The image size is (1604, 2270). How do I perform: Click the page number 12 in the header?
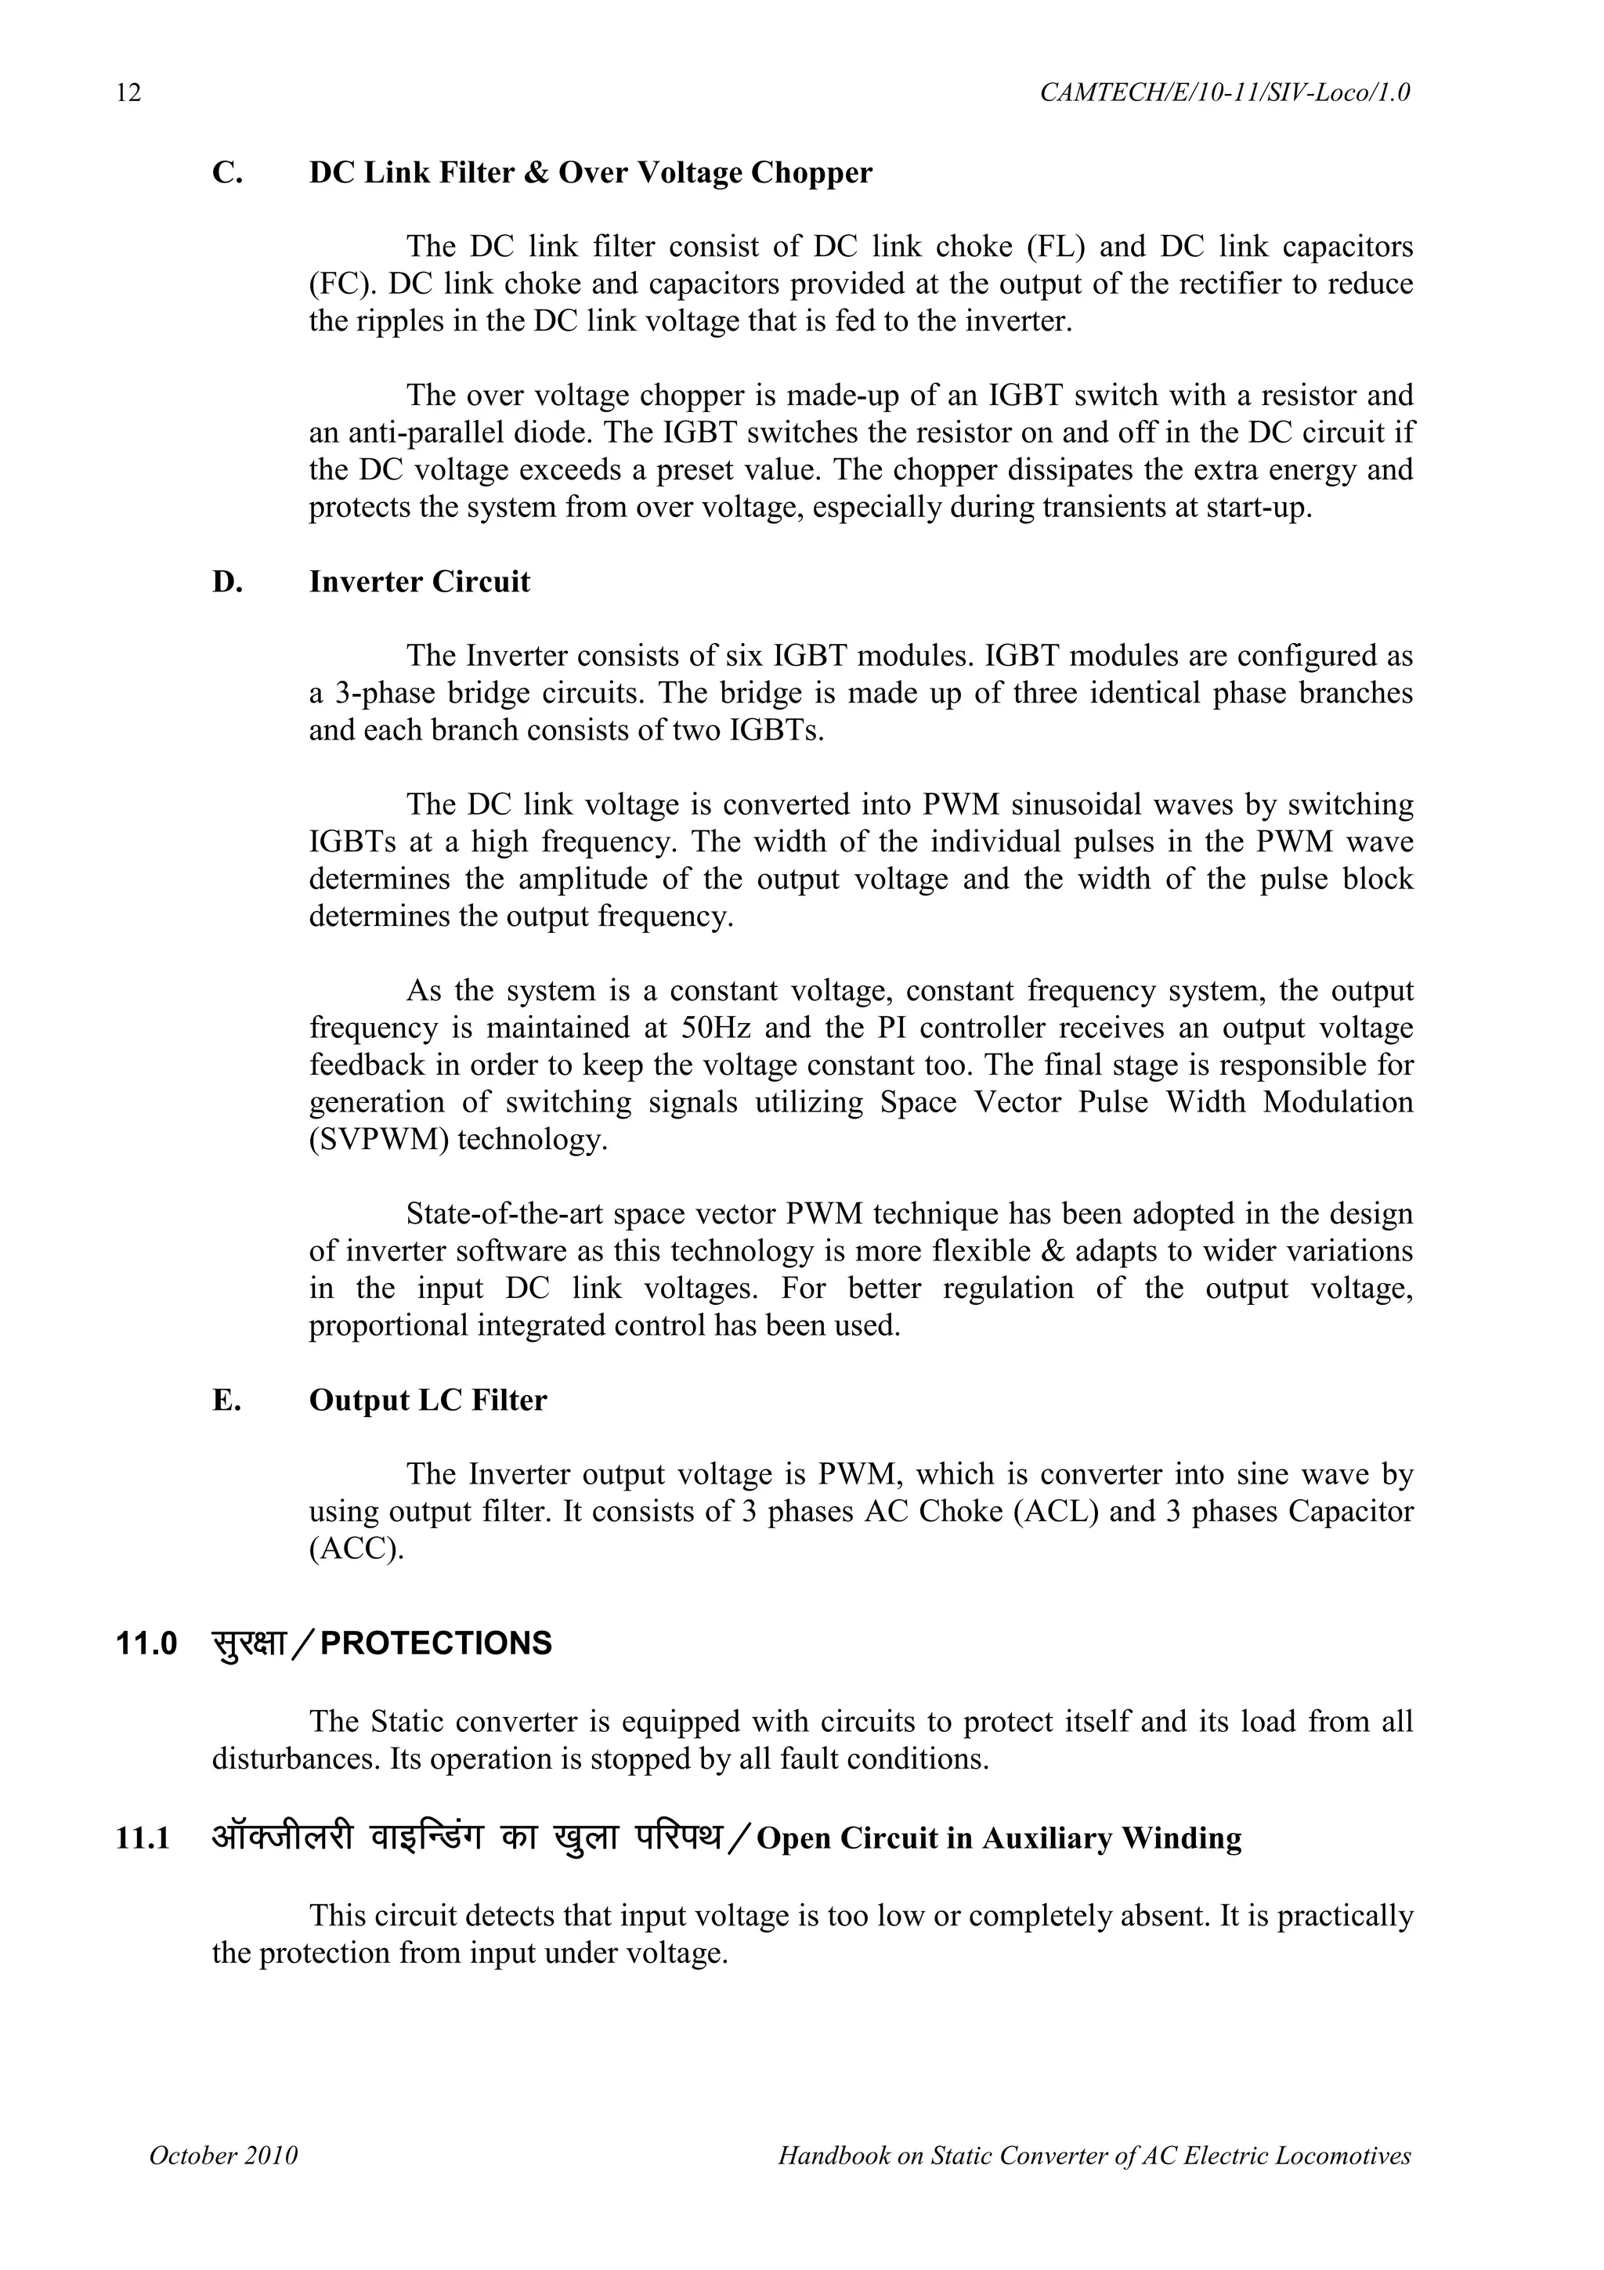coord(128,93)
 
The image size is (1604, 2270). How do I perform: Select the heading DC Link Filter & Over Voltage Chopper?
coord(590,173)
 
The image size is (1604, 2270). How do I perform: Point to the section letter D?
coord(226,582)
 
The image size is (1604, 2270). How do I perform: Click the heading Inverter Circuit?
coord(419,582)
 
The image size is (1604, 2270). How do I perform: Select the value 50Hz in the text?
coord(716,1028)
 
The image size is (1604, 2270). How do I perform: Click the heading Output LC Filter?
coord(427,1401)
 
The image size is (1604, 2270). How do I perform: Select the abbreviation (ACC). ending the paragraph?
coord(357,1549)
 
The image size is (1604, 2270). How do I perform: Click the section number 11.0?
coord(146,1644)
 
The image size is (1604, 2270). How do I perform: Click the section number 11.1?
coord(143,1839)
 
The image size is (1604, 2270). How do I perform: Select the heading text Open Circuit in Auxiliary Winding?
coord(998,1839)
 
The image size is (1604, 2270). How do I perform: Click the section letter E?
coord(226,1401)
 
